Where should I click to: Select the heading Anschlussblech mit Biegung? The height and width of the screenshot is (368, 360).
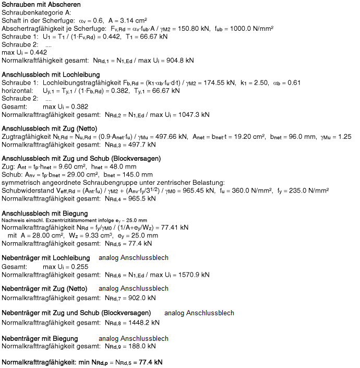point(45,213)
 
